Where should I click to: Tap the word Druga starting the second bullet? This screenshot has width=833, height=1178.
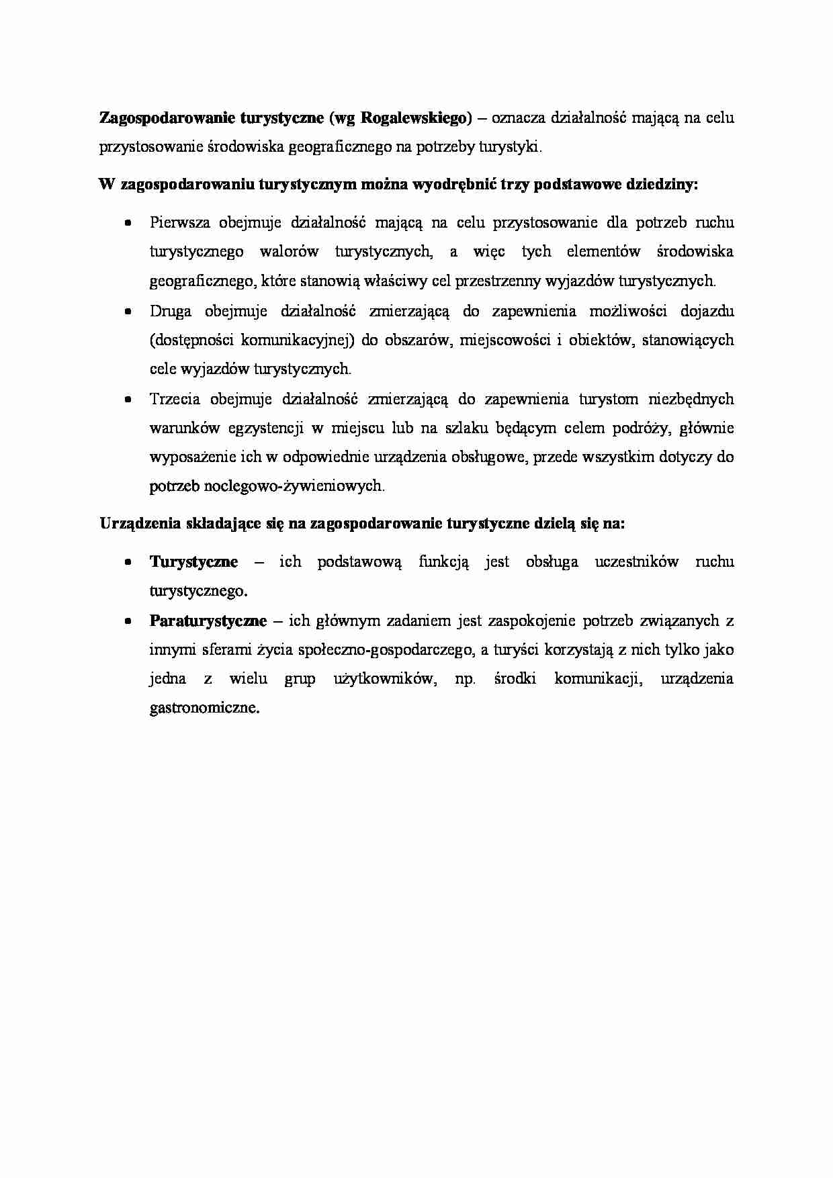pos(171,311)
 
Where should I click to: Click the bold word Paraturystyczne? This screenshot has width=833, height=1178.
pos(208,621)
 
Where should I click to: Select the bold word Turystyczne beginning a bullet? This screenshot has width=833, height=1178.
pos(193,561)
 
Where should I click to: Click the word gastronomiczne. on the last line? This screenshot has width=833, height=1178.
pos(204,707)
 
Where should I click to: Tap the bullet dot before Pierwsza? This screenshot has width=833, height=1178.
pos(128,223)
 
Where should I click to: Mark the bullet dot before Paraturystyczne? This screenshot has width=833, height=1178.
pos(128,621)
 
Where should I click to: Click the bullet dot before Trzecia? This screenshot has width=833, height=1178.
pos(128,400)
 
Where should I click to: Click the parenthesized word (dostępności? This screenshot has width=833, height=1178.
pos(189,341)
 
